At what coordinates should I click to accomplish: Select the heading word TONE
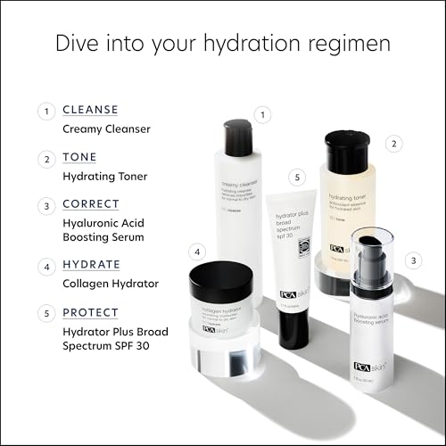80,159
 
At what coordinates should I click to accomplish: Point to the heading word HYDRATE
93,266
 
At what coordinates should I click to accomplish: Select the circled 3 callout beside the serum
413,261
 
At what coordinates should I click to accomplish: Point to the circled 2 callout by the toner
393,143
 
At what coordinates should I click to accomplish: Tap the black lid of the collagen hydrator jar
221,280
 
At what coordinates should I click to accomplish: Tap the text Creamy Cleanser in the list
106,128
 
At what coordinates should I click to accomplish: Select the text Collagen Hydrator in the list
110,284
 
